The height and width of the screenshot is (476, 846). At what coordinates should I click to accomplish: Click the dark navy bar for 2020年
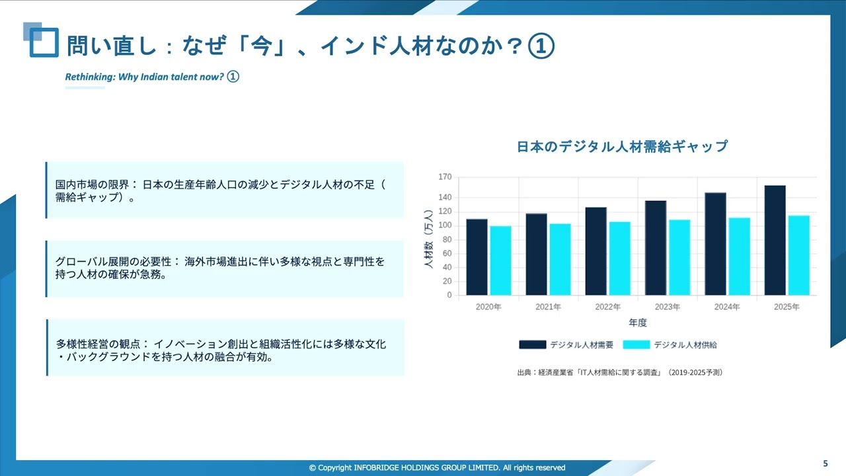pyautogui.click(x=477, y=257)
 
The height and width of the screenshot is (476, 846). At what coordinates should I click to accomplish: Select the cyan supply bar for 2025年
pyautogui.click(x=798, y=255)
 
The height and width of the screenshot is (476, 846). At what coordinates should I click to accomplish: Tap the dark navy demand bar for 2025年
pyautogui.click(x=775, y=240)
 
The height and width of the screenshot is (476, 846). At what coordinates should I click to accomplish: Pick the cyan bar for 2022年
pyautogui.click(x=619, y=258)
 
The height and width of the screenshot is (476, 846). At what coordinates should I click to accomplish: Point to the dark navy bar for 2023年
pyautogui.click(x=656, y=247)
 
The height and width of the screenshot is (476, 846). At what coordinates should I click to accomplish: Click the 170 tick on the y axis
pyautogui.click(x=445, y=177)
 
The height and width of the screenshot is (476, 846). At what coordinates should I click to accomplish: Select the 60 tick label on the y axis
pyautogui.click(x=447, y=253)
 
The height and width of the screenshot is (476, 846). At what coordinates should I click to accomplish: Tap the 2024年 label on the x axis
pyautogui.click(x=726, y=307)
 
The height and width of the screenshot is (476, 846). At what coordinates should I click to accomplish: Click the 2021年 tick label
pyautogui.click(x=548, y=307)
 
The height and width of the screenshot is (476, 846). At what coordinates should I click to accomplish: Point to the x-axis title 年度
pyautogui.click(x=637, y=323)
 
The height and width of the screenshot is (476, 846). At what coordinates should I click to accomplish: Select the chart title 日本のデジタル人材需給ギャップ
pyautogui.click(x=622, y=147)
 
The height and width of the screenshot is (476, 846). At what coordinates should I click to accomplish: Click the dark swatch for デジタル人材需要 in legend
pyautogui.click(x=532, y=344)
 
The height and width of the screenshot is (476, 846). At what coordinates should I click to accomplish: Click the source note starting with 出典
pyautogui.click(x=619, y=372)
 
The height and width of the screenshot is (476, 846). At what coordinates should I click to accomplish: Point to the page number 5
pyautogui.click(x=825, y=463)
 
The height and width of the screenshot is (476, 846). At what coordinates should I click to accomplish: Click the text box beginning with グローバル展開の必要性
pyautogui.click(x=225, y=268)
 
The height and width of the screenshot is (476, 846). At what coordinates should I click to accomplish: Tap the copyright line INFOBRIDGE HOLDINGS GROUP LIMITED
pyautogui.click(x=437, y=467)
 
